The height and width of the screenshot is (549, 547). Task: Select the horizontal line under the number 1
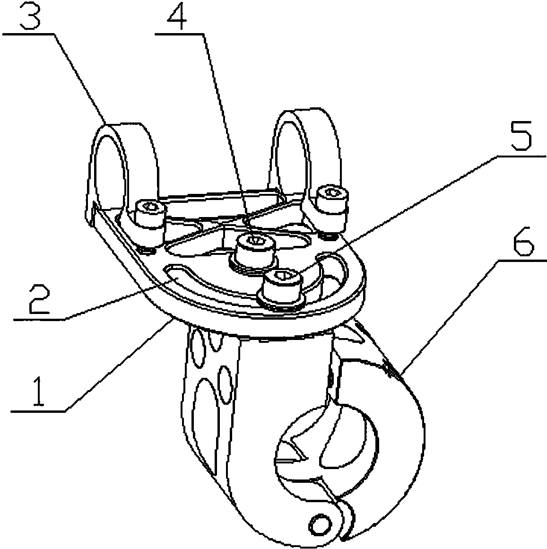pyautogui.click(x=38, y=411)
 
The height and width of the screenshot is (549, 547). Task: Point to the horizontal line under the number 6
pyautogui.click(x=520, y=260)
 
